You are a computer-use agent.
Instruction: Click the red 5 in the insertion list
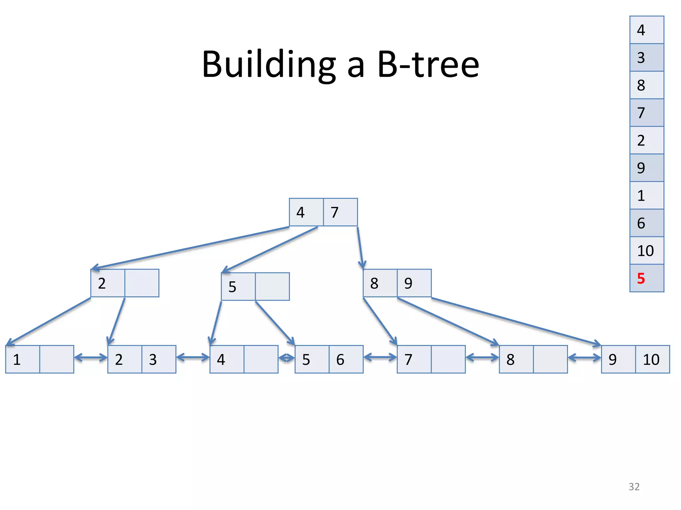pos(641,278)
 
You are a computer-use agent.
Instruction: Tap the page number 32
pos(634,487)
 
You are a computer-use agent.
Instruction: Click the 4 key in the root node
pos(301,212)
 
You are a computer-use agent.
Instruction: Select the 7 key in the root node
pos(335,212)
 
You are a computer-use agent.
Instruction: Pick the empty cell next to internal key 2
pos(142,283)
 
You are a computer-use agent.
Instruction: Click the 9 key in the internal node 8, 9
pos(409,283)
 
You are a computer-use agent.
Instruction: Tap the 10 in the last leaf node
pos(651,360)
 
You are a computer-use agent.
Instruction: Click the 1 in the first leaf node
pos(17,360)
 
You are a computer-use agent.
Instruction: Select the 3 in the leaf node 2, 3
pos(153,360)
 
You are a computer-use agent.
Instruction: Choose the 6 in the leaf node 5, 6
pos(340,360)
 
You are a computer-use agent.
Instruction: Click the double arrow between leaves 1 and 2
pos(91,358)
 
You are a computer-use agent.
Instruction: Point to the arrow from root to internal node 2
pos(190,248)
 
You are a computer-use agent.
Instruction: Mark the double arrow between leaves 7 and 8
pos(482,358)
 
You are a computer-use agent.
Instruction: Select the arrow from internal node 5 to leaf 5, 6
pos(275,323)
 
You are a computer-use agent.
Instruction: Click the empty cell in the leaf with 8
pos(550,360)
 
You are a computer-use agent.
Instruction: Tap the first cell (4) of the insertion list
pos(646,30)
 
